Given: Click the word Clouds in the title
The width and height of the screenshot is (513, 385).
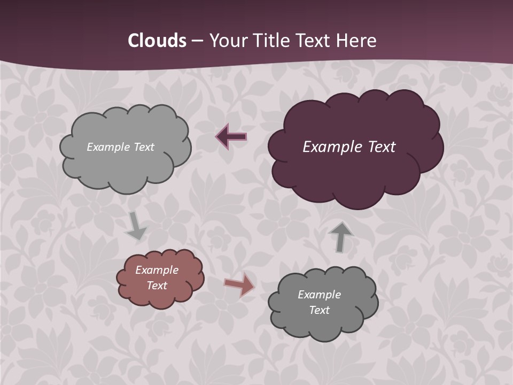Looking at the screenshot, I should click(x=157, y=41).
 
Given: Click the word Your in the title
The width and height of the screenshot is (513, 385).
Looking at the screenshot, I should click(x=226, y=41).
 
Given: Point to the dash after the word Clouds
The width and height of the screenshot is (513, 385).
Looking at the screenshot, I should click(x=197, y=41).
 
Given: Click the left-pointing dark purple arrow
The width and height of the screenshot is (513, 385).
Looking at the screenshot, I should click(x=231, y=137).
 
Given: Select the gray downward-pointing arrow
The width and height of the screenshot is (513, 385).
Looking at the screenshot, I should click(x=136, y=226).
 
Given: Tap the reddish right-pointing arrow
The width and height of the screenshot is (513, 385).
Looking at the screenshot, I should click(x=240, y=284).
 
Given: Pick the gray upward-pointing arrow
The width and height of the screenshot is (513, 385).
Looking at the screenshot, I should click(x=340, y=237).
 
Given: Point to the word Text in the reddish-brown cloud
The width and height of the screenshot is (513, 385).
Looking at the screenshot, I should click(x=157, y=286).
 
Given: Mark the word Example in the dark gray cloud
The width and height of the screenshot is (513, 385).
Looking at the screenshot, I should click(x=319, y=295).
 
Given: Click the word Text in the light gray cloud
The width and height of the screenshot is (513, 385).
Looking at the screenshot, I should click(x=144, y=147).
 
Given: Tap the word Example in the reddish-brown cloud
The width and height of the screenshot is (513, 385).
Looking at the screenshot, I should click(x=157, y=270).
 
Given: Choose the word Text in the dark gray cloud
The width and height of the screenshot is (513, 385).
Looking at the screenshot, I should click(x=319, y=310).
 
